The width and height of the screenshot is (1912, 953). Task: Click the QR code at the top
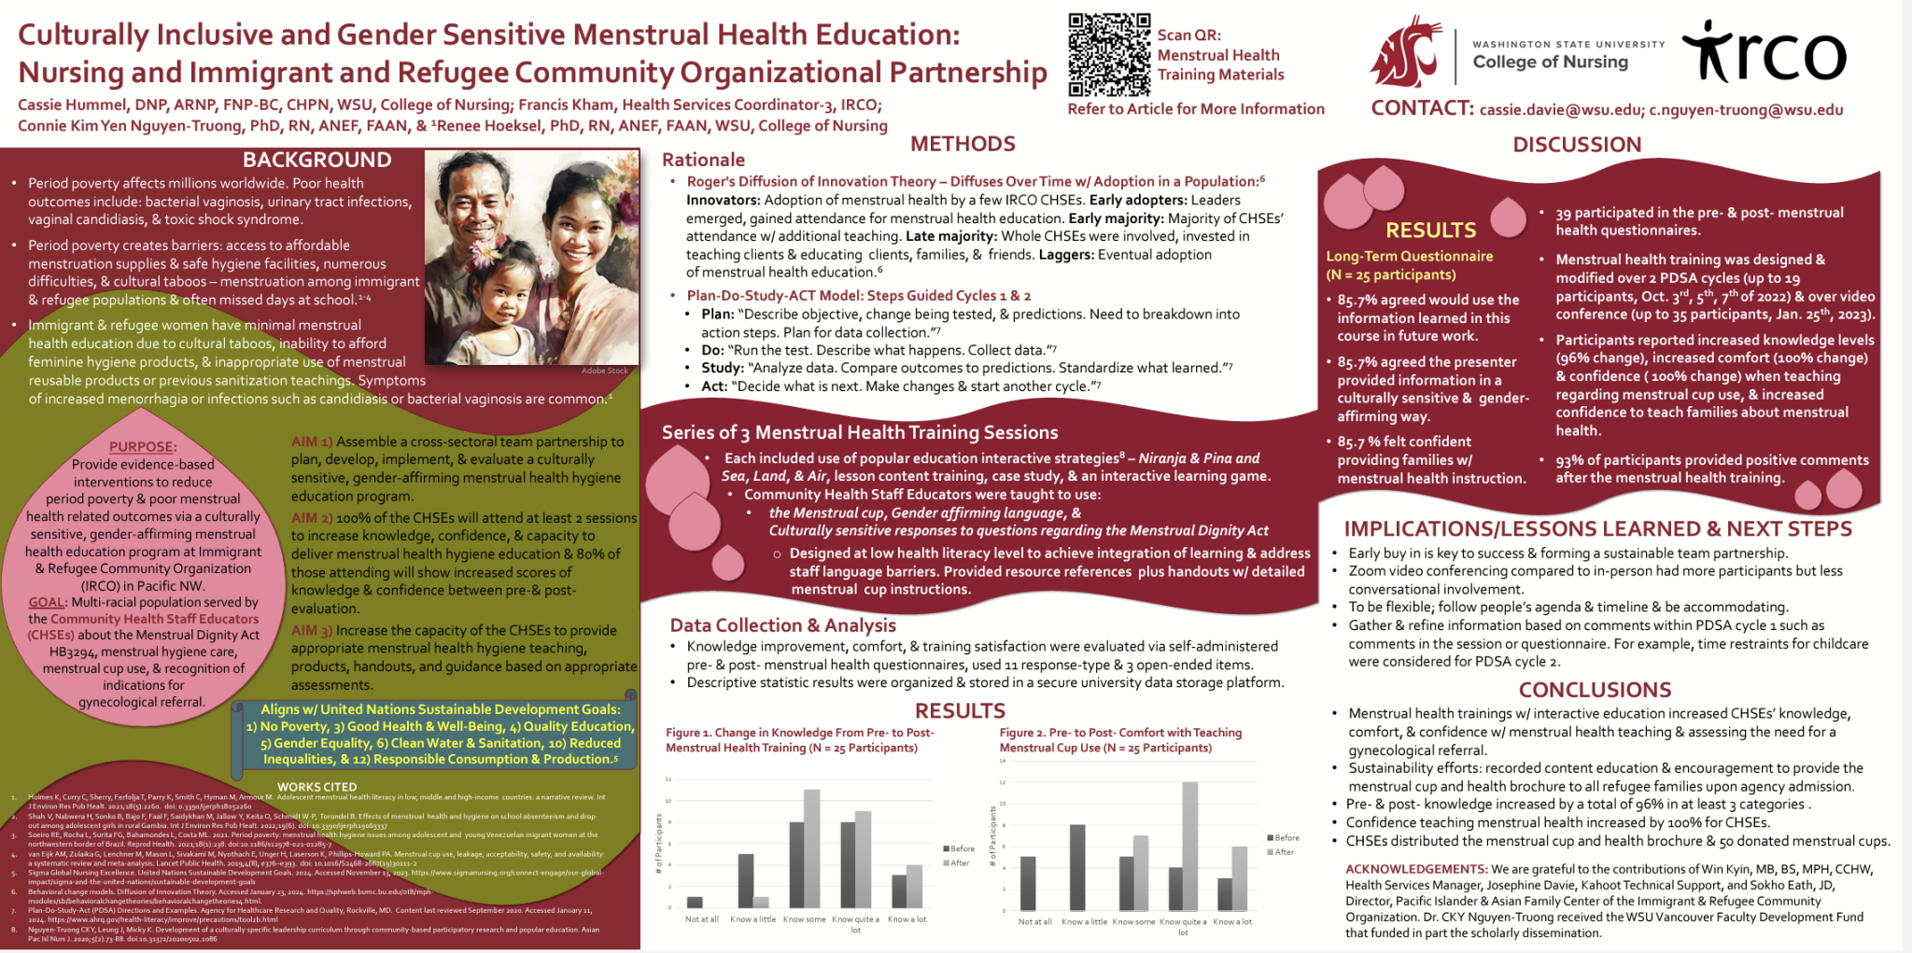(1109, 55)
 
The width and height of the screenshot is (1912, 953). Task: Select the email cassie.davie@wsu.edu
(1560, 110)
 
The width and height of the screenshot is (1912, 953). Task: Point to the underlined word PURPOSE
(142, 447)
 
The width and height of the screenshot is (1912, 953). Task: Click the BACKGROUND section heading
(317, 161)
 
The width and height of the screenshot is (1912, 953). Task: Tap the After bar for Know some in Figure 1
(812, 848)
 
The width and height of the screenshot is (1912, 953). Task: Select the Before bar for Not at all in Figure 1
(695, 902)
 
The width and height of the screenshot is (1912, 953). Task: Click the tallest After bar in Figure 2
(1189, 846)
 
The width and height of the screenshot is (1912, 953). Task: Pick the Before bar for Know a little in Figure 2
(1077, 867)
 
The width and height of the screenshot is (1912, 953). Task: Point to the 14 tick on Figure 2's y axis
(1003, 761)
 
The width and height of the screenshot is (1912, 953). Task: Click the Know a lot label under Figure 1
(907, 919)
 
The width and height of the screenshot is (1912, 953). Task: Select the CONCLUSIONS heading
(1595, 690)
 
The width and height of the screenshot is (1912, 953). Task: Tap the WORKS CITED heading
(316, 787)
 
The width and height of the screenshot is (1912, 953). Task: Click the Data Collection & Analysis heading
(782, 625)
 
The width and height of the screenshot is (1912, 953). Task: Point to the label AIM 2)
(312, 518)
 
